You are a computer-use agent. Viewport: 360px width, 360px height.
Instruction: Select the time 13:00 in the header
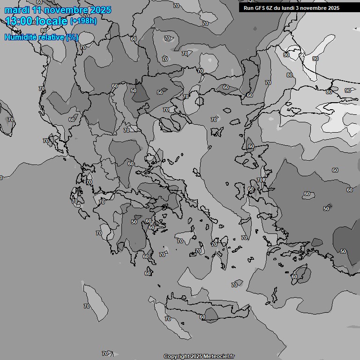click(x=19, y=21)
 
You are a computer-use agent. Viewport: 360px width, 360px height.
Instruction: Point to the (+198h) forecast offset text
click(x=83, y=21)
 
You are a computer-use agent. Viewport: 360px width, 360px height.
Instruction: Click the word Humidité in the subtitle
click(x=20, y=37)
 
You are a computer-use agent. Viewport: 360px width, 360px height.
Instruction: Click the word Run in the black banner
click(x=248, y=8)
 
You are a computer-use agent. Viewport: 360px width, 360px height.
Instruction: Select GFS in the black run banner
click(x=260, y=8)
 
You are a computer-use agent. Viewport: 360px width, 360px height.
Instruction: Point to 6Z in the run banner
click(x=270, y=8)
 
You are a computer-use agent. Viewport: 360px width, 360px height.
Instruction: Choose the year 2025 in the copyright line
click(x=197, y=357)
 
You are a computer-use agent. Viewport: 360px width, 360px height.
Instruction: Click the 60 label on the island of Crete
click(x=202, y=317)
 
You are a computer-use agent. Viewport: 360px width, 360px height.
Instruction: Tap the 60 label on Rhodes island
click(x=294, y=277)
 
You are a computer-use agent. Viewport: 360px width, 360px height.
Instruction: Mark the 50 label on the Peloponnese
click(x=134, y=222)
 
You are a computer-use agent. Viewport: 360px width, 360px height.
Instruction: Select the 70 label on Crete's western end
click(x=168, y=319)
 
